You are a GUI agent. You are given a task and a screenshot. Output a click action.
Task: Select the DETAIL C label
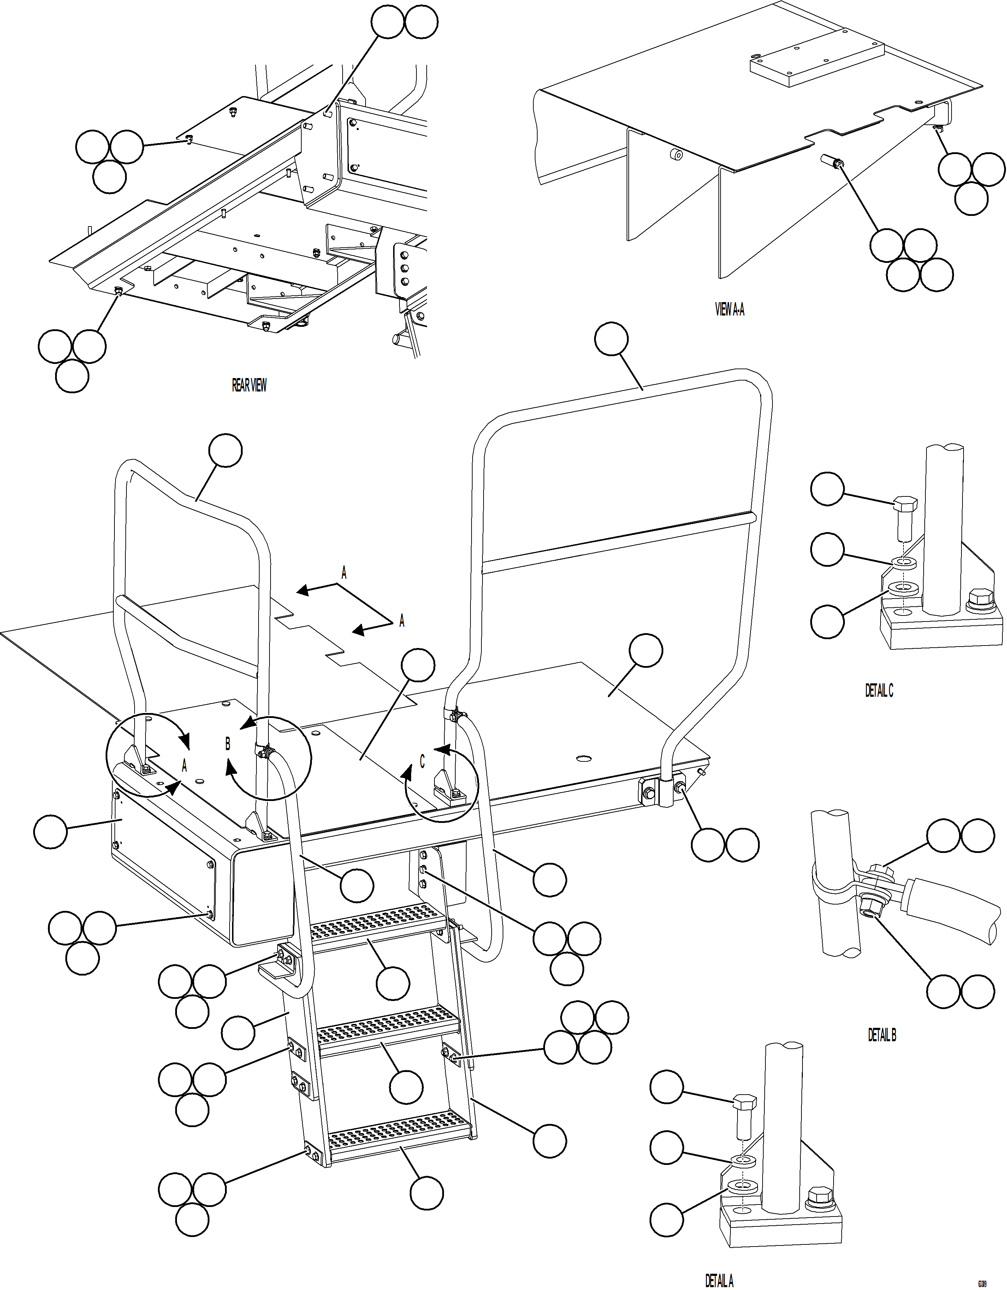879,690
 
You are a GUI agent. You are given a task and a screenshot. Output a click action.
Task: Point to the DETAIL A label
719,1280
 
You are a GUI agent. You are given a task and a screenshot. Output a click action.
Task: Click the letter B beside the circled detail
228,744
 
